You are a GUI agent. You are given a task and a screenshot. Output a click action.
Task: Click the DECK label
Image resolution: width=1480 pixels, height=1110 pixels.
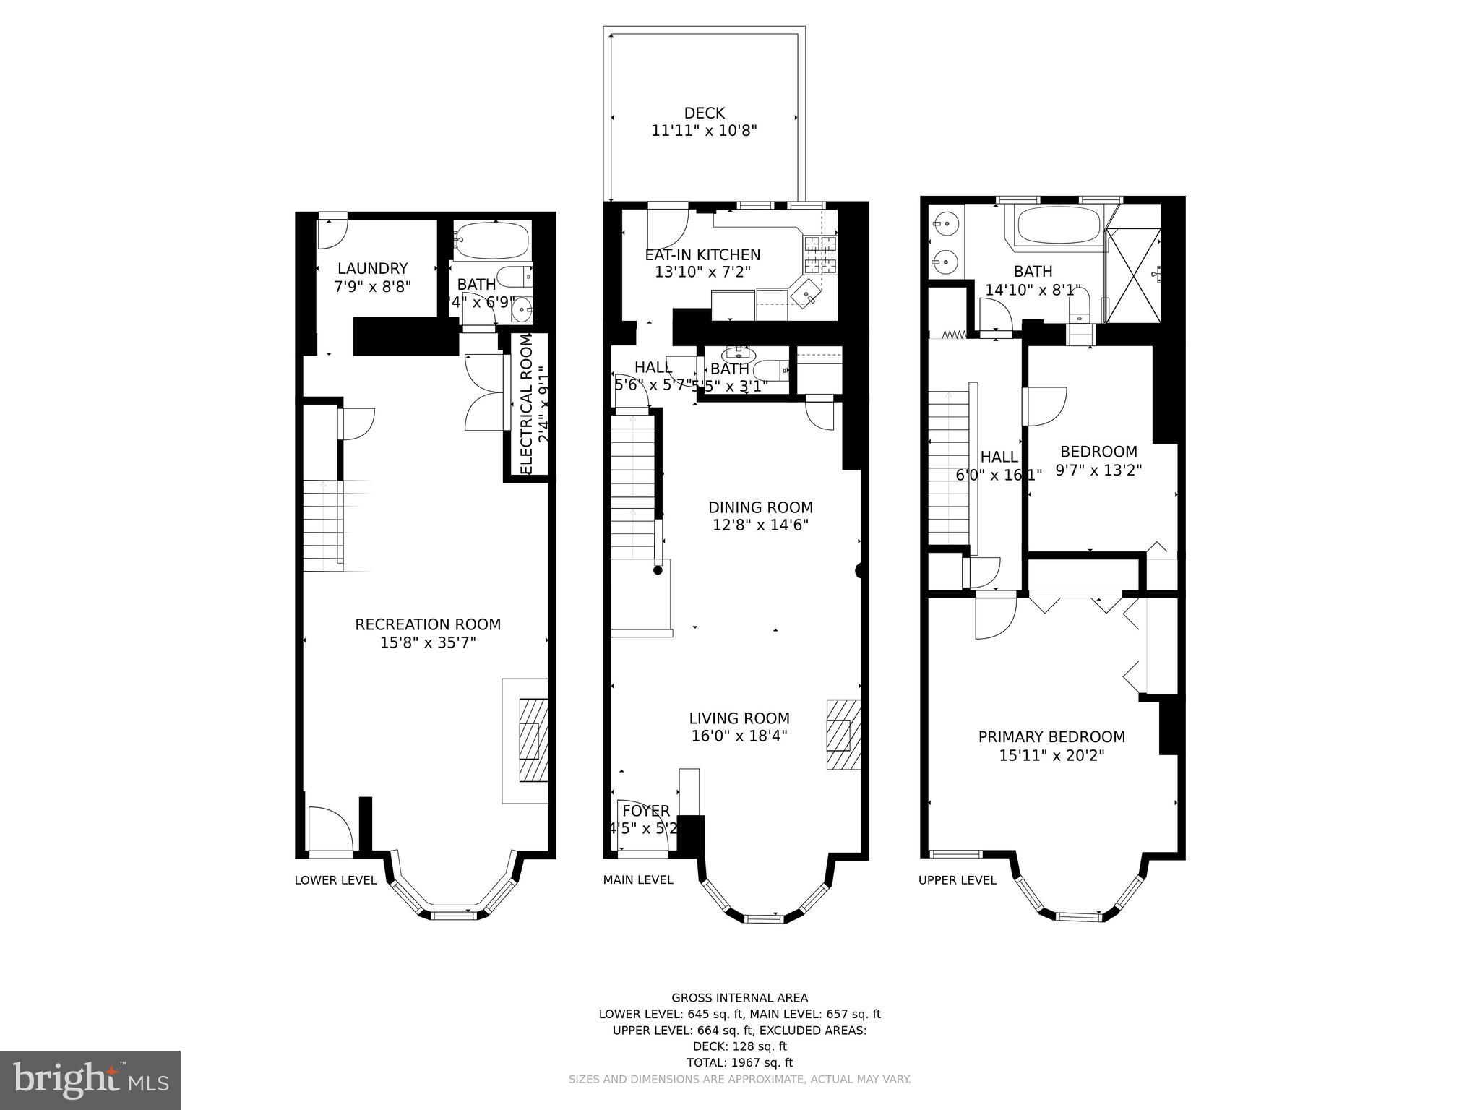(x=704, y=113)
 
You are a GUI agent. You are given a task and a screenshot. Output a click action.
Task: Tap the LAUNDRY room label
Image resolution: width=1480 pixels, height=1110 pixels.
(x=372, y=268)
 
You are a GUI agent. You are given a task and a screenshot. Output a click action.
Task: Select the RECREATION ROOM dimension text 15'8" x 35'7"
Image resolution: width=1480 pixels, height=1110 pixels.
(x=428, y=642)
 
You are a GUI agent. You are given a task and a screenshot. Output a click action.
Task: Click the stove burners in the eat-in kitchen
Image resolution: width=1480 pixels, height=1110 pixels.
(x=820, y=255)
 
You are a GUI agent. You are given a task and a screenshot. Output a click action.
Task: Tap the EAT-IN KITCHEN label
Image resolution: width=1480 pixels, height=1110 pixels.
(x=702, y=255)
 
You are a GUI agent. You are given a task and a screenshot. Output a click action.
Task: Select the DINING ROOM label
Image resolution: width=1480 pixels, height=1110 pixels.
(x=760, y=507)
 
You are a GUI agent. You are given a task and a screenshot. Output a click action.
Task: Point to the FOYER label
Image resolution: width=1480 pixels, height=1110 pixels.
(x=646, y=811)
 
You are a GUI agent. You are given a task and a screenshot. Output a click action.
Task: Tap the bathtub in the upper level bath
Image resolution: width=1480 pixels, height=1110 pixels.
(x=1059, y=226)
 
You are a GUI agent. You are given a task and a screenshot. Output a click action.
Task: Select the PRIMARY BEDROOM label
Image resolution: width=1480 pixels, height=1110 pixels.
(x=1051, y=737)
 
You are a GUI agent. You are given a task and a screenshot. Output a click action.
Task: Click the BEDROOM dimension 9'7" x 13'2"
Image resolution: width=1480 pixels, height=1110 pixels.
(x=1098, y=470)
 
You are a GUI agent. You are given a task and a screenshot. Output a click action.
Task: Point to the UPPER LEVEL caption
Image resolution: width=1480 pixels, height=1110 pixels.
(x=957, y=880)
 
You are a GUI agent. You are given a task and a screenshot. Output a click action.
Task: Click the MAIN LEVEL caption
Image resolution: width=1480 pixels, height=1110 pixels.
(x=638, y=879)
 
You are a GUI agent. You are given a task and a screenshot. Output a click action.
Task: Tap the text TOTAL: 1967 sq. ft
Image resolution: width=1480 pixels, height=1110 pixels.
(x=739, y=1062)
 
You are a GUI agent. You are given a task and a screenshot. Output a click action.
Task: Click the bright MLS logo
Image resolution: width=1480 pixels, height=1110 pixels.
(x=90, y=1080)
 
